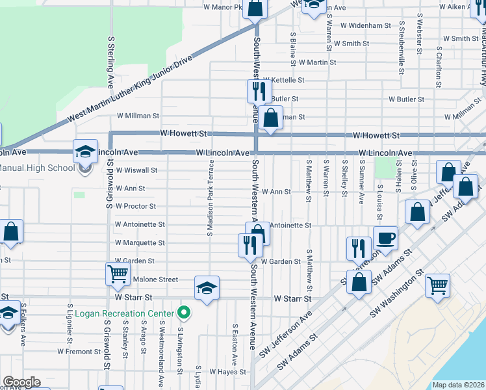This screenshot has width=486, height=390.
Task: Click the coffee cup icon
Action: (x=385, y=238)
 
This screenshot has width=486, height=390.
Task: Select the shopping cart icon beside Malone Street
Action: (x=118, y=274)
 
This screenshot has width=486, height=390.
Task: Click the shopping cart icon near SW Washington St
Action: (x=438, y=286)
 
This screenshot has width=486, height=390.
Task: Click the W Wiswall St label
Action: (x=136, y=170)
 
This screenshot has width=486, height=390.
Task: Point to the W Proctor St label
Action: (x=135, y=206)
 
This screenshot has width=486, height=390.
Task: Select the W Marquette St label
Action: (x=140, y=242)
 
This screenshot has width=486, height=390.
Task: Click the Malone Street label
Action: (x=155, y=279)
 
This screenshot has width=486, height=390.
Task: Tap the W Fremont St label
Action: (x=79, y=351)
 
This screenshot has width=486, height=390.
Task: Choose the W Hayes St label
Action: (x=225, y=372)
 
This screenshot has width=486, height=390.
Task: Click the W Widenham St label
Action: (x=364, y=26)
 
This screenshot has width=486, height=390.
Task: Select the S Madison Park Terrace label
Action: (x=211, y=198)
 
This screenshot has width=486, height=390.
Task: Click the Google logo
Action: (x=21, y=382)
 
